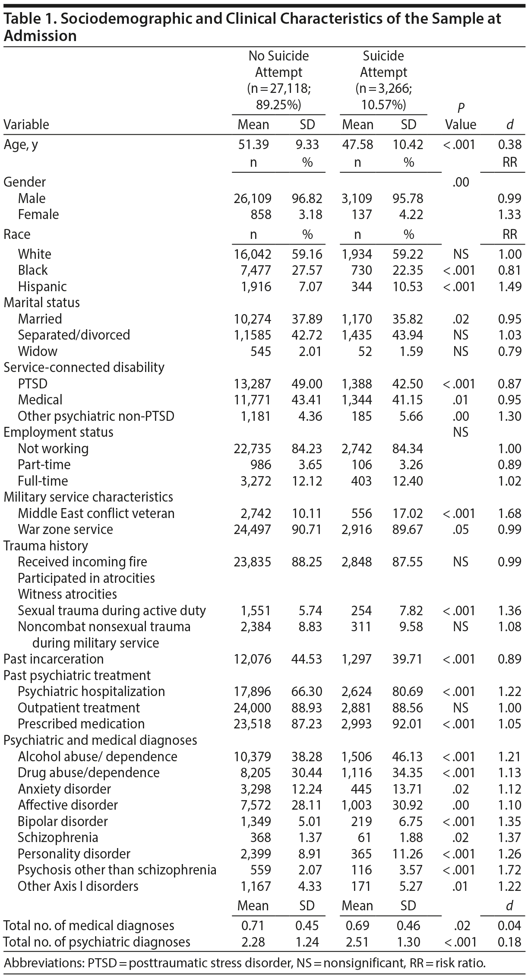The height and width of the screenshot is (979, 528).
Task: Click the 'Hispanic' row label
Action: click(x=42, y=286)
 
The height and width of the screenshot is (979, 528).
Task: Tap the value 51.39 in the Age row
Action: click(x=253, y=144)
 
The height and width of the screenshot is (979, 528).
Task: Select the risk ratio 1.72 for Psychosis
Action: click(x=510, y=870)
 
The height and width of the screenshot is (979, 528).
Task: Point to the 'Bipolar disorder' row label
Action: click(x=63, y=821)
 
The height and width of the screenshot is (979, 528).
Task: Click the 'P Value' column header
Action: click(x=461, y=117)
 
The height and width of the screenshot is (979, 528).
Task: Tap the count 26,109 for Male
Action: click(x=253, y=198)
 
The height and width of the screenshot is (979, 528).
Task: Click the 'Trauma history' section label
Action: click(x=46, y=546)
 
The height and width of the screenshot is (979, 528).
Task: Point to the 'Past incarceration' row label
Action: click(x=54, y=659)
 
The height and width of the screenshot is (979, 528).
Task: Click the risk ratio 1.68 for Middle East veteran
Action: click(x=510, y=513)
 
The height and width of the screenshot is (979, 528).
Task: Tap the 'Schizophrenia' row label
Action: click(x=58, y=837)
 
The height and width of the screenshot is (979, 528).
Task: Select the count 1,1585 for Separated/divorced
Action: click(x=253, y=335)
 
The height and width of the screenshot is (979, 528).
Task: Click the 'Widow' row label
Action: click(x=38, y=351)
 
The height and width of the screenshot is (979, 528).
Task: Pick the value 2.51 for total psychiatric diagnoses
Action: click(x=358, y=942)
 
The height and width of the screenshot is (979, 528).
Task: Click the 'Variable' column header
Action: click(x=26, y=125)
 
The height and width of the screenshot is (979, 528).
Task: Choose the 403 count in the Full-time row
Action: click(x=362, y=481)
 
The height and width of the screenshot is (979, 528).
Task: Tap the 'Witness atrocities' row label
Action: click(x=67, y=594)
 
